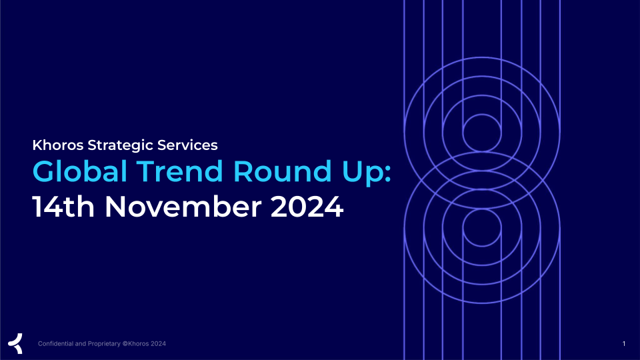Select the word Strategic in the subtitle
pyautogui.click(x=121, y=146)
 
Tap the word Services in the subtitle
pyautogui.click(x=187, y=145)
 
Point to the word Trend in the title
pyautogui.click(x=179, y=171)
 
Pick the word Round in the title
pyautogui.click(x=282, y=171)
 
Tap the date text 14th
pyautogui.click(x=63, y=207)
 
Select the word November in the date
pyautogui.click(x=183, y=207)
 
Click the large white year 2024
pyautogui.click(x=307, y=207)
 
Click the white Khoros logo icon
pyautogui.click(x=15, y=343)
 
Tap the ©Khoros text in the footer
pyautogui.click(x=135, y=344)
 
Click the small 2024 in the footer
pyautogui.click(x=159, y=344)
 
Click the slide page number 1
pyautogui.click(x=624, y=344)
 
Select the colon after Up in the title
pyautogui.click(x=388, y=174)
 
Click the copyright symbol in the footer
pyautogui.click(x=125, y=344)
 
